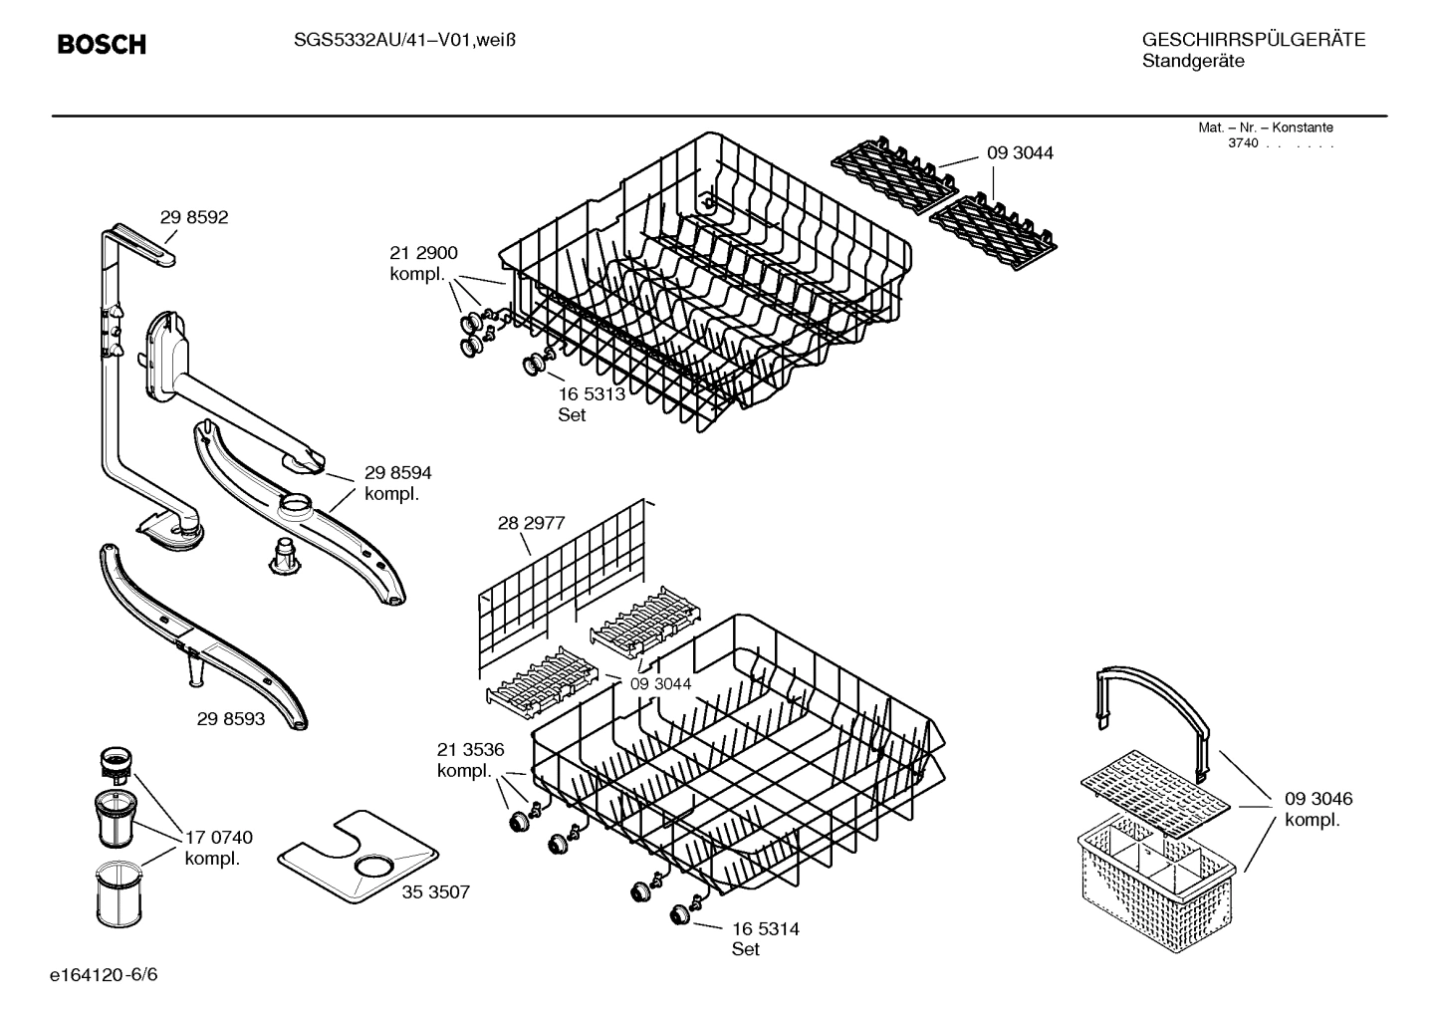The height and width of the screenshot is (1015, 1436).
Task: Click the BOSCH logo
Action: coord(102,45)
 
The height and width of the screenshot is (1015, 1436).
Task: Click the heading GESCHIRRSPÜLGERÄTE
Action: coord(1253,40)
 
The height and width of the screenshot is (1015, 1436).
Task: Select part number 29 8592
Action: coord(194,217)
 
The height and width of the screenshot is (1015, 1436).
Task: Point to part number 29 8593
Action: coord(231,718)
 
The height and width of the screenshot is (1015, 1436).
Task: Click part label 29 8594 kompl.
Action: coord(397,483)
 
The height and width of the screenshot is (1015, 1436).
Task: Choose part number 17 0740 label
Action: coord(218,848)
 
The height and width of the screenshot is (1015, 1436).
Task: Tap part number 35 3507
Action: coord(435,891)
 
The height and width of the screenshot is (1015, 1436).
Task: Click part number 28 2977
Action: coord(531,522)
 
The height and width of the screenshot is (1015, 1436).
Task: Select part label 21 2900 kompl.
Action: coord(423,264)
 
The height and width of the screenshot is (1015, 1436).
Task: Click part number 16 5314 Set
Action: coord(765,938)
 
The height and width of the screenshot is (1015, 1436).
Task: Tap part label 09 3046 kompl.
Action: coord(1317,809)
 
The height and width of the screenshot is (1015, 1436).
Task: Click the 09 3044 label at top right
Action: coord(1020,153)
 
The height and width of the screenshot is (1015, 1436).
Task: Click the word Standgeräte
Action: coord(1192,62)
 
